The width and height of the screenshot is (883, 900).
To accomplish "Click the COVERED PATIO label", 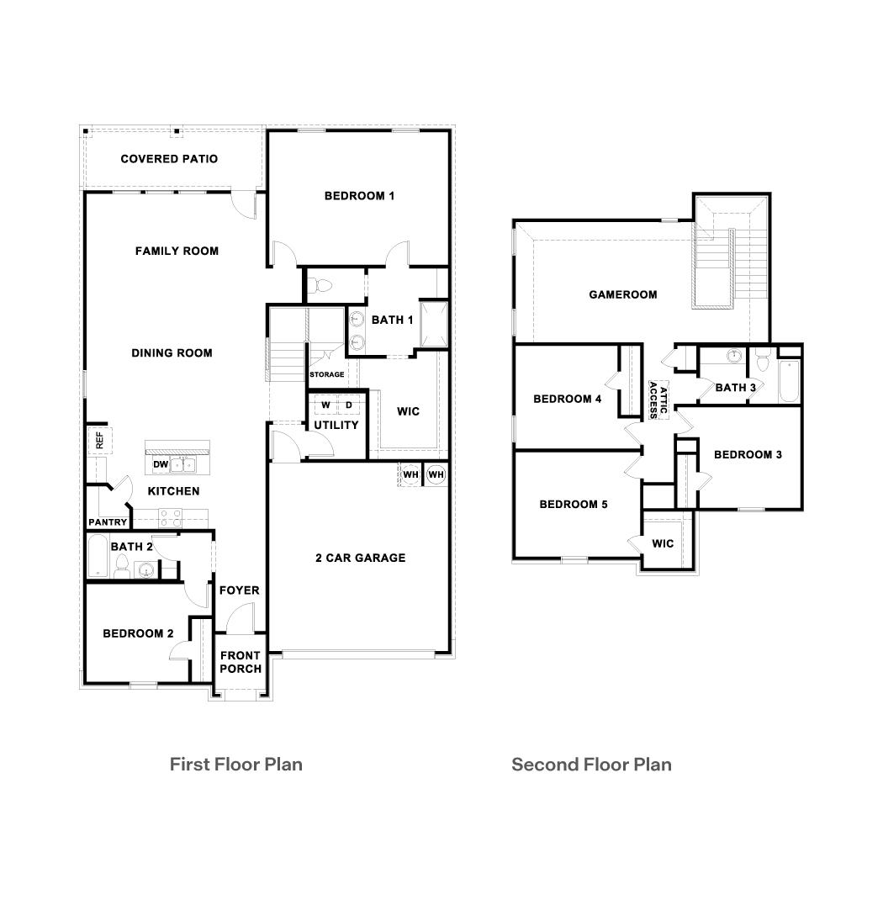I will coord(169,159).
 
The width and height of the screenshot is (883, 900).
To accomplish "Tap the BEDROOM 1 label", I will coord(359,196).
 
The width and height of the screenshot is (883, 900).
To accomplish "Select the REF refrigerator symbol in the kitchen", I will coord(98,440).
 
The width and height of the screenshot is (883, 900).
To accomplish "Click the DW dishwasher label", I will coord(160,464).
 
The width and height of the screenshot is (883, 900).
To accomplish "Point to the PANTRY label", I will coord(108,522).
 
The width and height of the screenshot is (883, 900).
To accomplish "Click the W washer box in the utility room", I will coord(325,405).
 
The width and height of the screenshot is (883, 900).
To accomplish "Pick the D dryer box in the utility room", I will coord(349,405).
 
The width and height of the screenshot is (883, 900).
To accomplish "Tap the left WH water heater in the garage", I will coord(410,474).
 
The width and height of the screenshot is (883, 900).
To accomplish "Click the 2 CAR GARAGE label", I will coord(360,558).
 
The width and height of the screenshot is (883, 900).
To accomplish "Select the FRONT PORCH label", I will coord(241,662).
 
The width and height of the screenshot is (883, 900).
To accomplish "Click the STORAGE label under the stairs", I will coord(326,374).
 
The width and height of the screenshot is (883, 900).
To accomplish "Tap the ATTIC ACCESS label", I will coord(658,400).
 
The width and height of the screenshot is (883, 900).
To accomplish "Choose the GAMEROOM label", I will coord(623,294).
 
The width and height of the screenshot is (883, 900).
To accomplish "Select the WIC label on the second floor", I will coord(663,543).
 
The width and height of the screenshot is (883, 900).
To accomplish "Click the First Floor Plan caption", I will coord(235,764).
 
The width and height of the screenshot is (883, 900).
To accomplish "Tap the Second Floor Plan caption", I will coord(591,764).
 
